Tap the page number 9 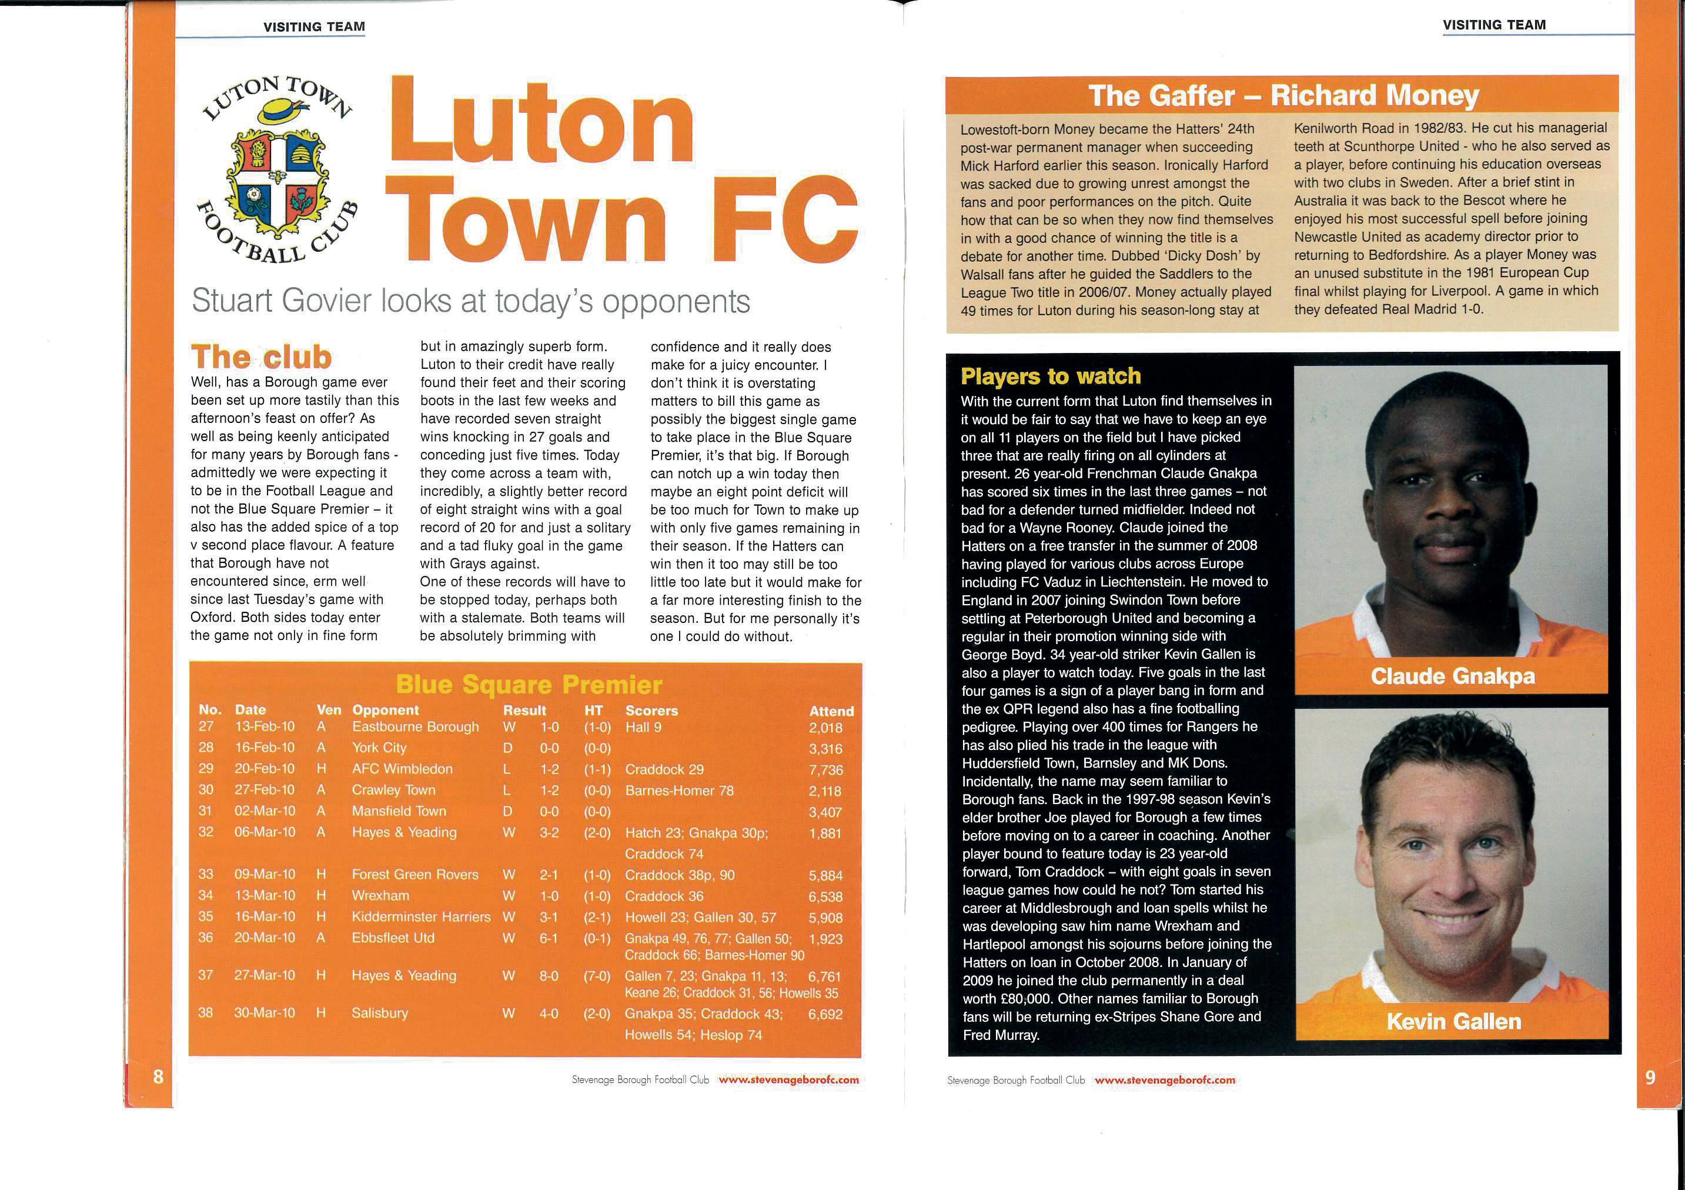[x=1650, y=1077]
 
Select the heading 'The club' [x=261, y=358]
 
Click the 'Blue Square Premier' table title [x=529, y=685]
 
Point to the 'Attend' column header [x=831, y=711]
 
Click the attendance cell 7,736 [x=825, y=769]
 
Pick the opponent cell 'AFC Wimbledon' [x=402, y=769]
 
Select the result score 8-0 [x=549, y=976]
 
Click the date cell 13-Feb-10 [x=265, y=727]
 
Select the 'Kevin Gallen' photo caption [x=1453, y=1021]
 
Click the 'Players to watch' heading [x=1051, y=376]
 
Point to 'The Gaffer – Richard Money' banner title [x=1283, y=96]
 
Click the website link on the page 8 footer [x=788, y=1080]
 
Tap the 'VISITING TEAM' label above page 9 [x=1493, y=25]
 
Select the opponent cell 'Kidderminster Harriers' [x=421, y=917]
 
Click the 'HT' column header [x=593, y=711]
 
